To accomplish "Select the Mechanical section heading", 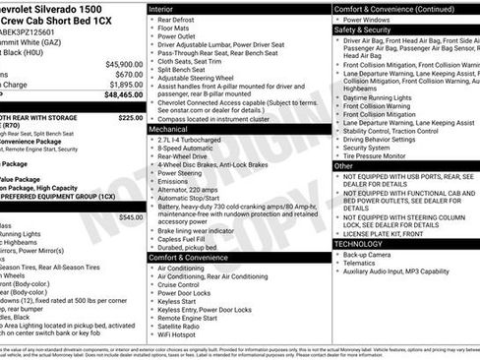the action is pos(168,129).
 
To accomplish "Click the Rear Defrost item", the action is pos(177,20).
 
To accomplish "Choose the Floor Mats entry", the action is pos(174,30).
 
